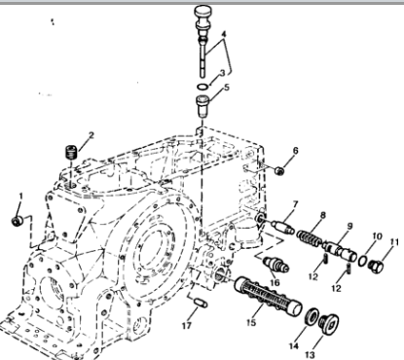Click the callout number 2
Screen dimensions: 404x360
(x=92, y=135)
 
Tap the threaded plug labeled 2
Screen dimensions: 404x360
(x=71, y=152)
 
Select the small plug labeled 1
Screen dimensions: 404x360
(x=17, y=222)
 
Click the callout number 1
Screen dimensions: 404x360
(x=21, y=197)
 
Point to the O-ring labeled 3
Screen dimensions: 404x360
(x=202, y=87)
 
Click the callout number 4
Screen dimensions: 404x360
(x=224, y=34)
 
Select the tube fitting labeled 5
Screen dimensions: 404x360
(x=202, y=106)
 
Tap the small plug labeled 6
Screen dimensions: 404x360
(x=279, y=170)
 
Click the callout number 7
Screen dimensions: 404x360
(x=295, y=204)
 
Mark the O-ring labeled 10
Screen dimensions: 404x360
(x=363, y=261)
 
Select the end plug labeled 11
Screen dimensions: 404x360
(x=376, y=267)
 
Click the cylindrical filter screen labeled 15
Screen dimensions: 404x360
(x=268, y=296)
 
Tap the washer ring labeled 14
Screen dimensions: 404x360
(x=312, y=316)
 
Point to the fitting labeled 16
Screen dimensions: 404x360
(x=275, y=264)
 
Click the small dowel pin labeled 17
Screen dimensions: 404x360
(x=201, y=303)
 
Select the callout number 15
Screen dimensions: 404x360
(x=251, y=322)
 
